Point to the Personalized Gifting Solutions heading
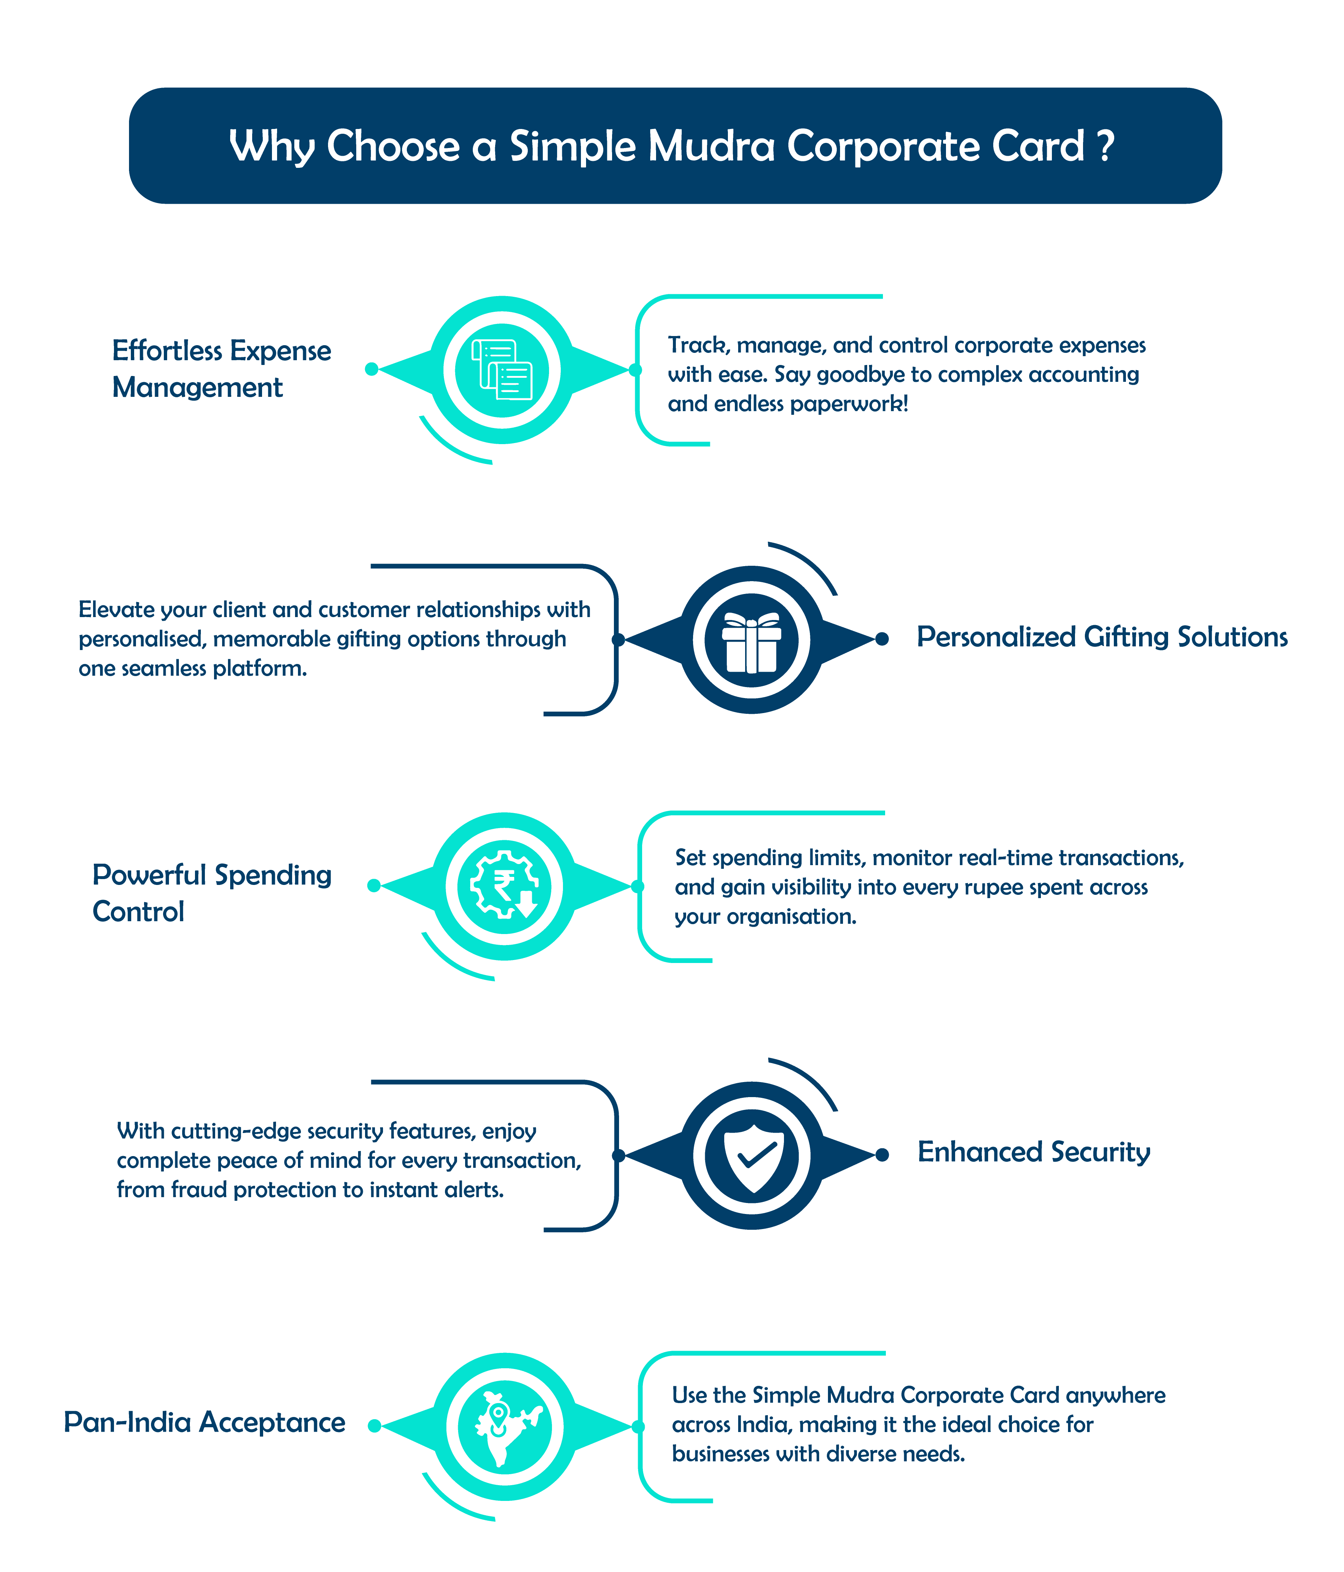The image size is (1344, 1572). click(1102, 637)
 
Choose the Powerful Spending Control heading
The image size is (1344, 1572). click(212, 893)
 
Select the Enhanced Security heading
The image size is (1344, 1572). click(1034, 1152)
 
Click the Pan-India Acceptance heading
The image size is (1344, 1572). click(204, 1422)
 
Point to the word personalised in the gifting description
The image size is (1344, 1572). click(141, 639)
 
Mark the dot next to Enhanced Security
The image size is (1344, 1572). click(882, 1155)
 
